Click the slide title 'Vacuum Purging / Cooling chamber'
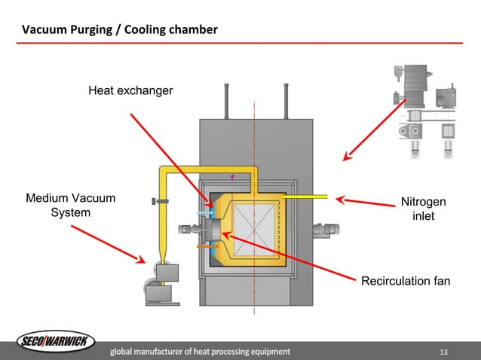coord(119,30)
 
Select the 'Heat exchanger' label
coord(130,91)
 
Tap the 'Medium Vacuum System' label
coord(70,206)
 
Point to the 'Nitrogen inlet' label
coord(422,209)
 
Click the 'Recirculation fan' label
coord(406,281)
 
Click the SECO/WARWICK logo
coord(57,343)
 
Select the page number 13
coord(443,352)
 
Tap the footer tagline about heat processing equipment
coord(200,352)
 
